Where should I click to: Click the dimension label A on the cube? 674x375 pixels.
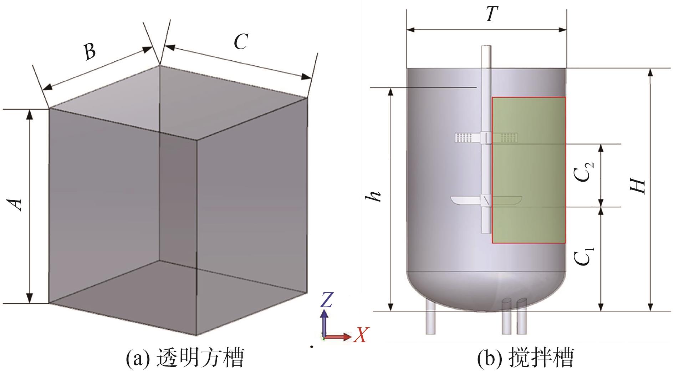pos(16,204)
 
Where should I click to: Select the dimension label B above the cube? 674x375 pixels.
pos(90,51)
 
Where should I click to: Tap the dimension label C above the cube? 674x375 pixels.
pos(241,42)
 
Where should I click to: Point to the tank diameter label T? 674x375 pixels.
pos(491,15)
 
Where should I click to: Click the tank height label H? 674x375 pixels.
pos(638,186)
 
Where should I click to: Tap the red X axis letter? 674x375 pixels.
pos(361,335)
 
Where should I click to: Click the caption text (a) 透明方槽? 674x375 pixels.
pos(185,358)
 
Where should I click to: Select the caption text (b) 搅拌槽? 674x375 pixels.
pos(526,358)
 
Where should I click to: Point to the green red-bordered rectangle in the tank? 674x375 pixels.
pos(529,170)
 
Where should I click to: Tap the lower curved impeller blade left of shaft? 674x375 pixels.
pos(465,200)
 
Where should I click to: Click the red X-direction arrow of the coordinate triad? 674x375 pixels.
pos(339,336)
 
